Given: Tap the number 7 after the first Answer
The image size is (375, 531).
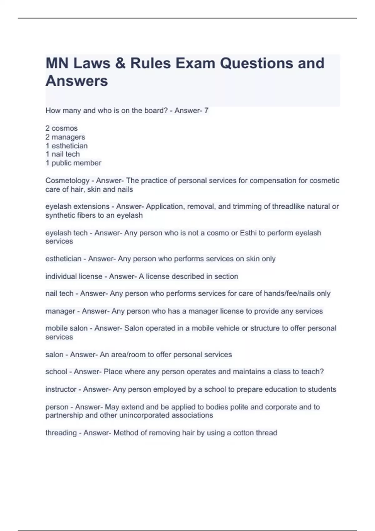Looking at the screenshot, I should [x=206, y=111].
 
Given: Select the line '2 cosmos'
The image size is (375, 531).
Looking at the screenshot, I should [x=62, y=128].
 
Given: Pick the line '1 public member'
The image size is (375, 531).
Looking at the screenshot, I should [x=73, y=163].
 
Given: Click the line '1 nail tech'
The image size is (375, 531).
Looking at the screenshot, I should [x=62, y=154].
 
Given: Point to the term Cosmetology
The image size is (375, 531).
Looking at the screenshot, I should [x=67, y=181].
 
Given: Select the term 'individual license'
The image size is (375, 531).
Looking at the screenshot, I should [x=74, y=276].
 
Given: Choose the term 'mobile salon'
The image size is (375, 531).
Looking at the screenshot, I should [x=67, y=328].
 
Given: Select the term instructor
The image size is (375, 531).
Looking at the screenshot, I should [x=61, y=389].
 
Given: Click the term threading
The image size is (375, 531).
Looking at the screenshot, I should [x=61, y=433].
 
